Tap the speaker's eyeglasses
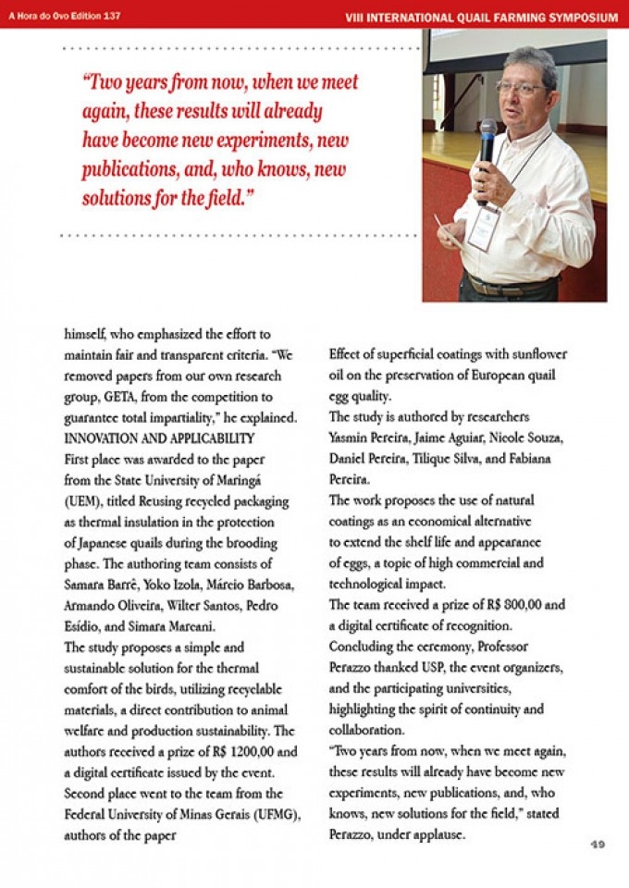coord(522,88)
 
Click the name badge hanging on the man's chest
coord(482,228)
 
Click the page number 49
coord(598,845)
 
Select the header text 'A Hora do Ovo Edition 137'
coord(65,16)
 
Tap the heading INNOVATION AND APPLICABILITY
coord(159,438)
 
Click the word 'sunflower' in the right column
coord(536,354)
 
